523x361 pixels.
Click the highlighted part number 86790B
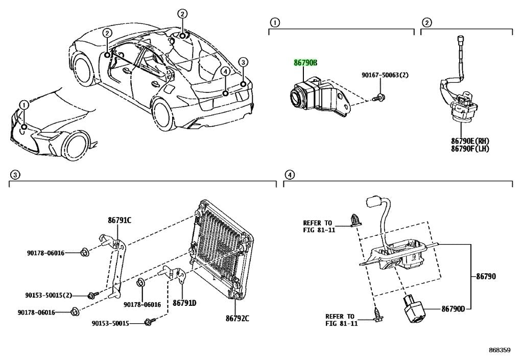tap(305, 63)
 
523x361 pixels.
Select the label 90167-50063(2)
tap(385, 76)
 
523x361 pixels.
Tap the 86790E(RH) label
tap(470, 141)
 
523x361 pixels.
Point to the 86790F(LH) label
tap(470, 149)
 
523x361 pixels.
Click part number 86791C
tap(120, 220)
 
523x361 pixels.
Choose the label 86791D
tap(184, 303)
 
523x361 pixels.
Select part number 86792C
tap(237, 318)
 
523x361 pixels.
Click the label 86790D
tap(453, 309)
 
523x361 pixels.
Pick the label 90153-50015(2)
tap(49, 295)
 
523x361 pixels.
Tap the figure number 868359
tap(500, 350)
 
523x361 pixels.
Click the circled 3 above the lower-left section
tap(14, 174)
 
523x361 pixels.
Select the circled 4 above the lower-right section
tap(289, 174)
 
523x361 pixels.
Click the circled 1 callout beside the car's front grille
tap(24, 105)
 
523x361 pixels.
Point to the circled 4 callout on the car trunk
tap(225, 71)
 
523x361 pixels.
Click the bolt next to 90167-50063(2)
tap(378, 98)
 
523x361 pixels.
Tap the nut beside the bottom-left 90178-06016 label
tap(76, 312)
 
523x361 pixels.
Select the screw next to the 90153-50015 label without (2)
tap(149, 322)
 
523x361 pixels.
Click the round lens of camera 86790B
tap(297, 97)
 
